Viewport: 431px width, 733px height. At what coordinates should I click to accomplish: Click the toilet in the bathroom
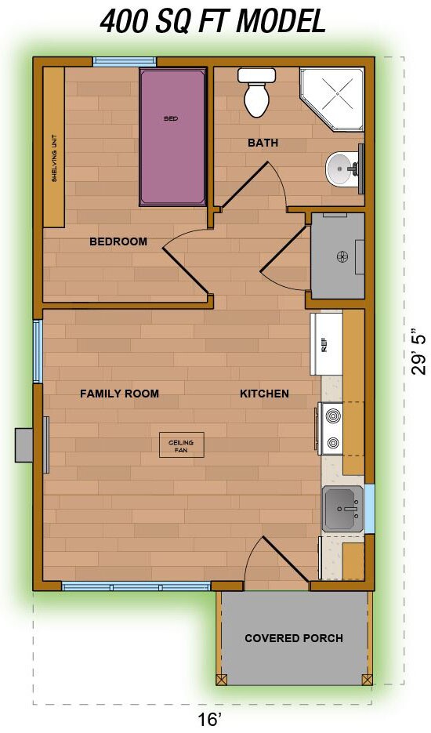258,93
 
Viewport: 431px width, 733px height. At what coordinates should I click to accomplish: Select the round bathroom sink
340,168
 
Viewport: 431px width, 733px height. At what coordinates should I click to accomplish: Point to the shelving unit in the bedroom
54,147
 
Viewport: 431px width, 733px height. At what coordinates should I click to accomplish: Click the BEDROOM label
118,241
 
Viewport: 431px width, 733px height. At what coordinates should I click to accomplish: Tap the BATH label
263,143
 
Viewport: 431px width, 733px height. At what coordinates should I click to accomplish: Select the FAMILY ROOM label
119,394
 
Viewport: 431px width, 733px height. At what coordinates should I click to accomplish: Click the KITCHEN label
264,394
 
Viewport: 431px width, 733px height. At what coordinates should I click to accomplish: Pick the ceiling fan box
181,445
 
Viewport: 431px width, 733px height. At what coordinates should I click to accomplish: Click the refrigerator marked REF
326,344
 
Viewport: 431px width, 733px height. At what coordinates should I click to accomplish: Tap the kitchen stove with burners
331,428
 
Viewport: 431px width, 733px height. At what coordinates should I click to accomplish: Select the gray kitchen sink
342,509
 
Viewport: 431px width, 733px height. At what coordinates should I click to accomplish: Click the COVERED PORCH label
293,638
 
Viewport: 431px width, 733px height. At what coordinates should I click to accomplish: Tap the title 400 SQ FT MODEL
212,21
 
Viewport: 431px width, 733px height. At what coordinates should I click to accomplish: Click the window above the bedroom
125,61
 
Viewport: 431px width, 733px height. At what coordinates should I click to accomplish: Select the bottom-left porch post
222,679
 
